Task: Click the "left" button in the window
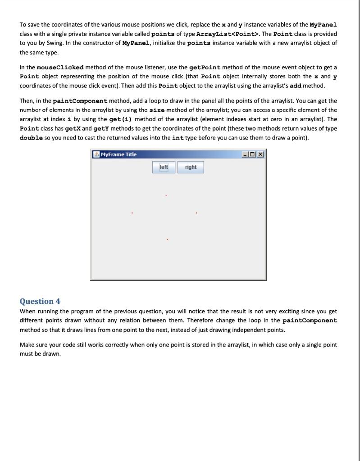point(164,167)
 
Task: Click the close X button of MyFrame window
point(261,154)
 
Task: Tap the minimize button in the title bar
point(245,154)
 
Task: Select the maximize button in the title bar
point(253,154)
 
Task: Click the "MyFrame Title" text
point(118,154)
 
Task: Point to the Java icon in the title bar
point(96,154)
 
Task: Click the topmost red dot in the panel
point(166,195)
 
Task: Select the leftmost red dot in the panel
point(132,213)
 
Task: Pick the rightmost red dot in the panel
point(196,213)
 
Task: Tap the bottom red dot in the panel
point(167,240)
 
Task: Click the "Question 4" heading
point(40,301)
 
